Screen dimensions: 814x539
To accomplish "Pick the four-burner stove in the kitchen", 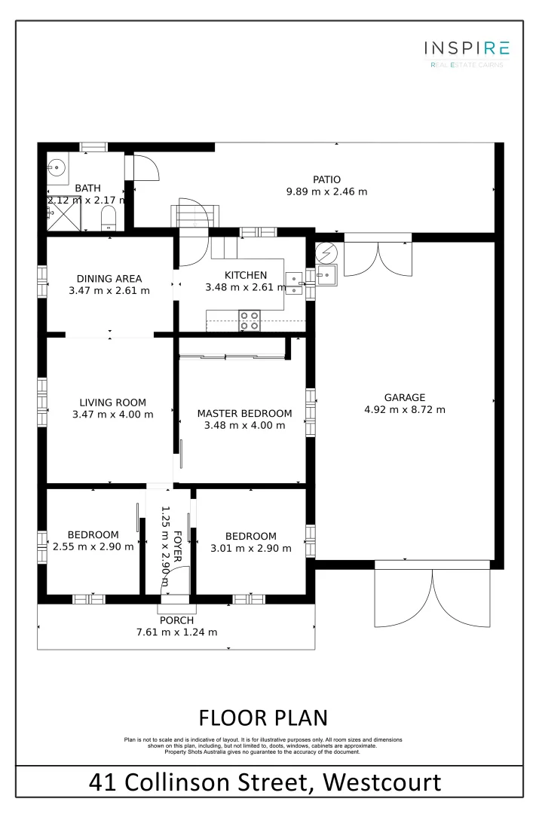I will pyautogui.click(x=250, y=321).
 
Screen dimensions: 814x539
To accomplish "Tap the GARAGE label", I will pyautogui.click(x=404, y=397).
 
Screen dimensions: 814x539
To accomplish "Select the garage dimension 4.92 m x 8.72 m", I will pyautogui.click(x=404, y=410).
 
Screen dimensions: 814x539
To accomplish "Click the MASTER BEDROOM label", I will pyautogui.click(x=244, y=413).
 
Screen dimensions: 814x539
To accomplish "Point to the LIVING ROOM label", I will pyautogui.click(x=113, y=402).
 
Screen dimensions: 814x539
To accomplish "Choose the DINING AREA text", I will pyautogui.click(x=110, y=278).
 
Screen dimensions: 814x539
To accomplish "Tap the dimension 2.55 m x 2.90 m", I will pyautogui.click(x=93, y=547).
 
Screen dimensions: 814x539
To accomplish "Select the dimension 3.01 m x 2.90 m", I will pyautogui.click(x=250, y=548).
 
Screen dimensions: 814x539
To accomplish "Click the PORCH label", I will pyautogui.click(x=176, y=620).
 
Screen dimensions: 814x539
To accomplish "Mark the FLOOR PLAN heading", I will pyautogui.click(x=263, y=717).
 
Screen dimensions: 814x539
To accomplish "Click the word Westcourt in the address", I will pyautogui.click(x=383, y=782).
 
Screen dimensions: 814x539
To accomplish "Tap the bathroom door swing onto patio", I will pyautogui.click(x=148, y=167).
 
